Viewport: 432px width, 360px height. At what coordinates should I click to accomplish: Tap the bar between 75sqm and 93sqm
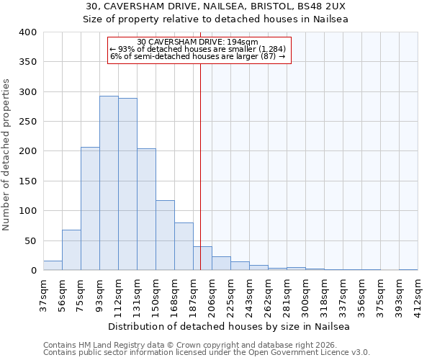pyautogui.click(x=90, y=209)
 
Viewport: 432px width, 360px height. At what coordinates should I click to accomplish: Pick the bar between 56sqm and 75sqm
pyautogui.click(x=71, y=250)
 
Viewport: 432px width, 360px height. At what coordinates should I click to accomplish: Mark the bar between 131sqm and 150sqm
pyautogui.click(x=146, y=210)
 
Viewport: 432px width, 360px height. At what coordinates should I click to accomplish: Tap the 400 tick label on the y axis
pyautogui.click(x=28, y=32)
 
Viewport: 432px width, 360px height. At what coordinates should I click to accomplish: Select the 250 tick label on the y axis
pyautogui.click(x=28, y=122)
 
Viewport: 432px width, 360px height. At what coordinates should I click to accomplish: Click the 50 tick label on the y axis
pyautogui.click(x=31, y=240)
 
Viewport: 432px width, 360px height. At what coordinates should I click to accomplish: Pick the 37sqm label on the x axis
pyautogui.click(x=43, y=292)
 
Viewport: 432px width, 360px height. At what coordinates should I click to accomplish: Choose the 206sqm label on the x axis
pyautogui.click(x=212, y=294)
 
